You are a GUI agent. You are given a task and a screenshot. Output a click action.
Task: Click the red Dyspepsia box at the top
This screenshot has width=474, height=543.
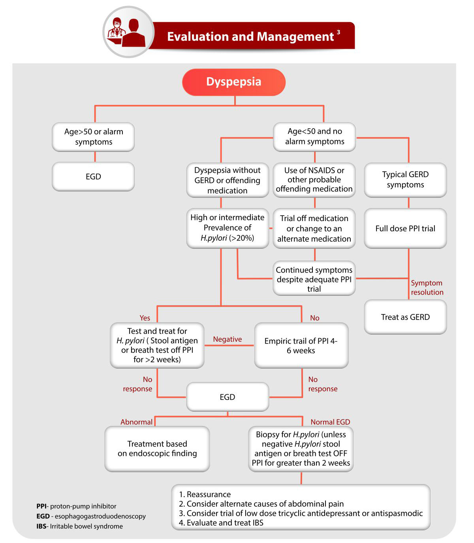click(233, 82)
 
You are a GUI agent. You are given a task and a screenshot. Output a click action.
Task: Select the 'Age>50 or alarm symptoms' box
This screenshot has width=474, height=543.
click(94, 137)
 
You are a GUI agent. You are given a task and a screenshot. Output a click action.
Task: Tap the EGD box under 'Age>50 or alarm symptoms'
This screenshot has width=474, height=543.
click(94, 176)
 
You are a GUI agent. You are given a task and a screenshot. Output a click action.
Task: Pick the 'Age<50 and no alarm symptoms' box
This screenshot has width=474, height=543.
click(314, 136)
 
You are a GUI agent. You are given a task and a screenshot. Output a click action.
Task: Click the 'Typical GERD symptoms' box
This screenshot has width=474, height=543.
click(405, 180)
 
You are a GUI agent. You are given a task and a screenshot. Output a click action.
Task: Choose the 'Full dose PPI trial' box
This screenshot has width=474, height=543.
click(405, 229)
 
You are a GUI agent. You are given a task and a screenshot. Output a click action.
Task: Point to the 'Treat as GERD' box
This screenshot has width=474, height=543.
click(405, 317)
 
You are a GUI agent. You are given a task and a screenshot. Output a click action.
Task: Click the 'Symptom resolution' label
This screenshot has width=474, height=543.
click(427, 288)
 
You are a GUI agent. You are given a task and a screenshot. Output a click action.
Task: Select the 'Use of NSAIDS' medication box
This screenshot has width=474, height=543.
click(314, 180)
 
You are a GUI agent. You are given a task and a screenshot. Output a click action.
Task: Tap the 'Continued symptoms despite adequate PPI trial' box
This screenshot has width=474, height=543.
click(314, 279)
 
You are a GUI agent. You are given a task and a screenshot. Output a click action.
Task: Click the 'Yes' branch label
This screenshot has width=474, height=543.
click(145, 318)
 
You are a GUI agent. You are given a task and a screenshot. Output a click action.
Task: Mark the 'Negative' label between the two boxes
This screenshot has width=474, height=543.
click(227, 339)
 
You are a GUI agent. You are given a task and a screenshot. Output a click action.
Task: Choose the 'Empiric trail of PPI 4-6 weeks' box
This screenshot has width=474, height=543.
click(301, 346)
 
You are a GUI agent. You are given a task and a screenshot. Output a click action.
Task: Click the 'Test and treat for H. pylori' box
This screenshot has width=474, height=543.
click(157, 345)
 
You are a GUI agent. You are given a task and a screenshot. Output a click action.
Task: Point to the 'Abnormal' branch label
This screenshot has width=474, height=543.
click(136, 422)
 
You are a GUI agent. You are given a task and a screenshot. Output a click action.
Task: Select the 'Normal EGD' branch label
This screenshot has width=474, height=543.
click(330, 422)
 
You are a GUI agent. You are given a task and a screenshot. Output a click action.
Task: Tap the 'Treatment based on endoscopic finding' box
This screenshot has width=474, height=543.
click(157, 449)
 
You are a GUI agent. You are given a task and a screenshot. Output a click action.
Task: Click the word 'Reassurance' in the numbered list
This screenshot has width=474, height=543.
click(209, 494)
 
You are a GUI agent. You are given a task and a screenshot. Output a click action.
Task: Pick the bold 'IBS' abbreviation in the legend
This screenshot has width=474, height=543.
click(41, 526)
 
